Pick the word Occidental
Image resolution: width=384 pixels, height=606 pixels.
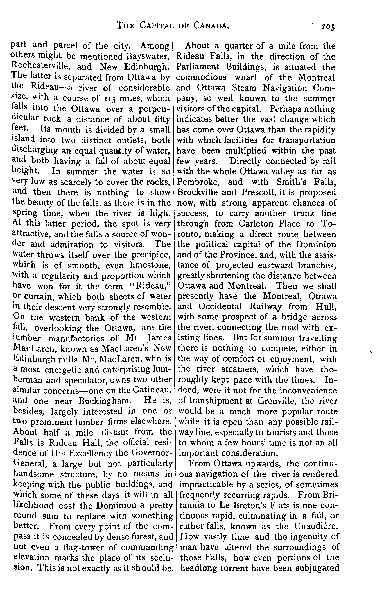[220, 307]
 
